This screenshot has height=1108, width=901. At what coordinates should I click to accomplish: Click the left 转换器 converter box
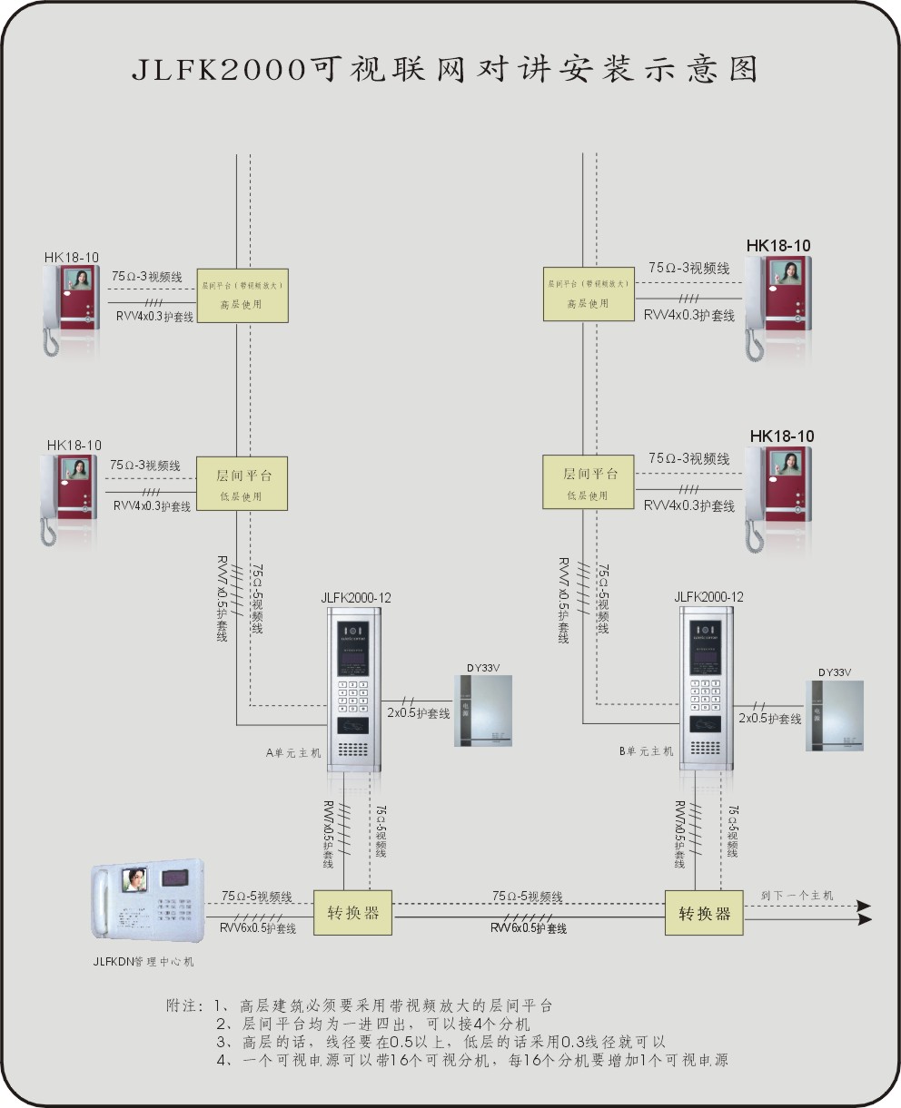(353, 913)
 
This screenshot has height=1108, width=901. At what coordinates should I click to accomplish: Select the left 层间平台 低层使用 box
(243, 484)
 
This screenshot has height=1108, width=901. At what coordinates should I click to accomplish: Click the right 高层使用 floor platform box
(589, 294)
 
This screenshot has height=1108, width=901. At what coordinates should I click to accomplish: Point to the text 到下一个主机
(796, 896)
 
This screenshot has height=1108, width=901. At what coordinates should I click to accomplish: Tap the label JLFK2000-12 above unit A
(356, 598)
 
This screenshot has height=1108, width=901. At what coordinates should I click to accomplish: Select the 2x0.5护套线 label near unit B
(769, 719)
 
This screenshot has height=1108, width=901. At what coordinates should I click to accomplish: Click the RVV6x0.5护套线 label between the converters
(529, 929)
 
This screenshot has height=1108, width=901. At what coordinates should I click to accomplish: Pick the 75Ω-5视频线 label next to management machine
(256, 897)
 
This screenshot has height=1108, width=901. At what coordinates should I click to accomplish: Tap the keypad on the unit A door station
(353, 697)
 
